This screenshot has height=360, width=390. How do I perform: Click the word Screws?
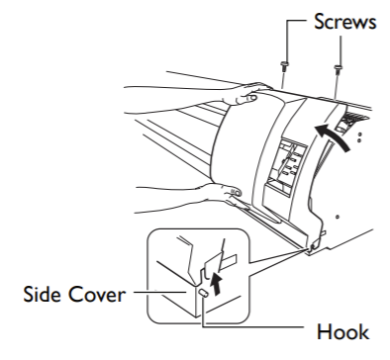(344, 22)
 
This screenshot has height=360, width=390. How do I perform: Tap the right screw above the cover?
(338, 68)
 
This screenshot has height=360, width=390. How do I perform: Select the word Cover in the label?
(96, 294)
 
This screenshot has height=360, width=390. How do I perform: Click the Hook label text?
(342, 331)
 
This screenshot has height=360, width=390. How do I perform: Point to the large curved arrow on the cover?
(333, 136)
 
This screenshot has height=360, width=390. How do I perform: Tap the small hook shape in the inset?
(203, 293)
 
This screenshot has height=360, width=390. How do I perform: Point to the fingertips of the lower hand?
(234, 192)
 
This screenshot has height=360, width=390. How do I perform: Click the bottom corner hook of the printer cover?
(312, 245)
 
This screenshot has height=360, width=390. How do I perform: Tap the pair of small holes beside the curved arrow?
(359, 137)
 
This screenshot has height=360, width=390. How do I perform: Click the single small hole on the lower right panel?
(338, 217)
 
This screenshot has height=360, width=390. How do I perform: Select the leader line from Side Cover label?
(159, 292)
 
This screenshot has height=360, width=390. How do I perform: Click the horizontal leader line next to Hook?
(252, 326)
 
